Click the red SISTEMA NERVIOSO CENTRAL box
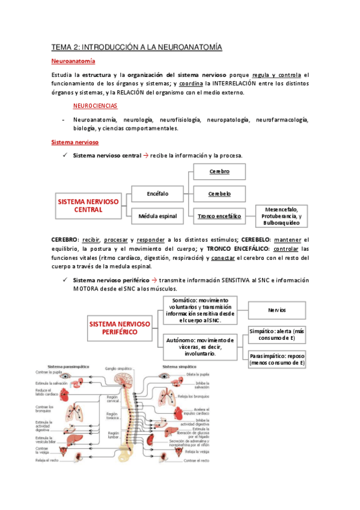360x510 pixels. click(x=88, y=205)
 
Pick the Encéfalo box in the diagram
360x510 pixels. click(x=157, y=194)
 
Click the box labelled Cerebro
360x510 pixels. click(x=219, y=171)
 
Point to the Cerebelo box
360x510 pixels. click(x=219, y=194)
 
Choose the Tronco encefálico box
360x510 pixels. click(x=219, y=215)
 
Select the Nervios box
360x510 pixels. click(x=276, y=310)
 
